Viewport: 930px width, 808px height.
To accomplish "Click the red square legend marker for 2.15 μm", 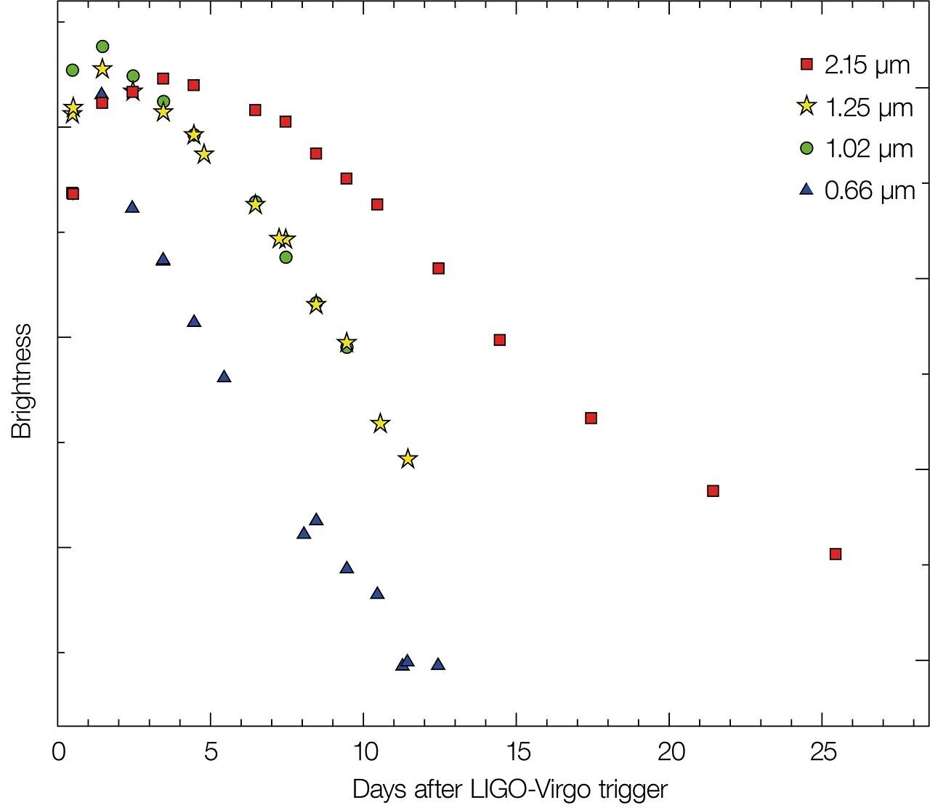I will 806,65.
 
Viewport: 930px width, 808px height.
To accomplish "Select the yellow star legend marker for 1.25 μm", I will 806,107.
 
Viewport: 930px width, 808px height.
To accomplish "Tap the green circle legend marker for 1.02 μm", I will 806,148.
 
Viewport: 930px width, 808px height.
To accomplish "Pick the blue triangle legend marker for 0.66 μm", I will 806,190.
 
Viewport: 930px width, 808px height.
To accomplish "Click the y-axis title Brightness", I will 23,381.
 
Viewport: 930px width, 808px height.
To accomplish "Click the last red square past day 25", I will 836,554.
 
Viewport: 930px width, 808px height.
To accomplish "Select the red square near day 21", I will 713,490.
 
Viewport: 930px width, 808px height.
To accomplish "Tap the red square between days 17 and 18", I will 591,418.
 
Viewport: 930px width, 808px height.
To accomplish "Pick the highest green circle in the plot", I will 102,47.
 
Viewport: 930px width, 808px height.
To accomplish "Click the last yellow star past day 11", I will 408,458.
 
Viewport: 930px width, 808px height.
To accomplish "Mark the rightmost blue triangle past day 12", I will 437,664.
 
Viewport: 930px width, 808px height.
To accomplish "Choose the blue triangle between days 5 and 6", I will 224,376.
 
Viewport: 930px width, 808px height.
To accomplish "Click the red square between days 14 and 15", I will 499,339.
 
